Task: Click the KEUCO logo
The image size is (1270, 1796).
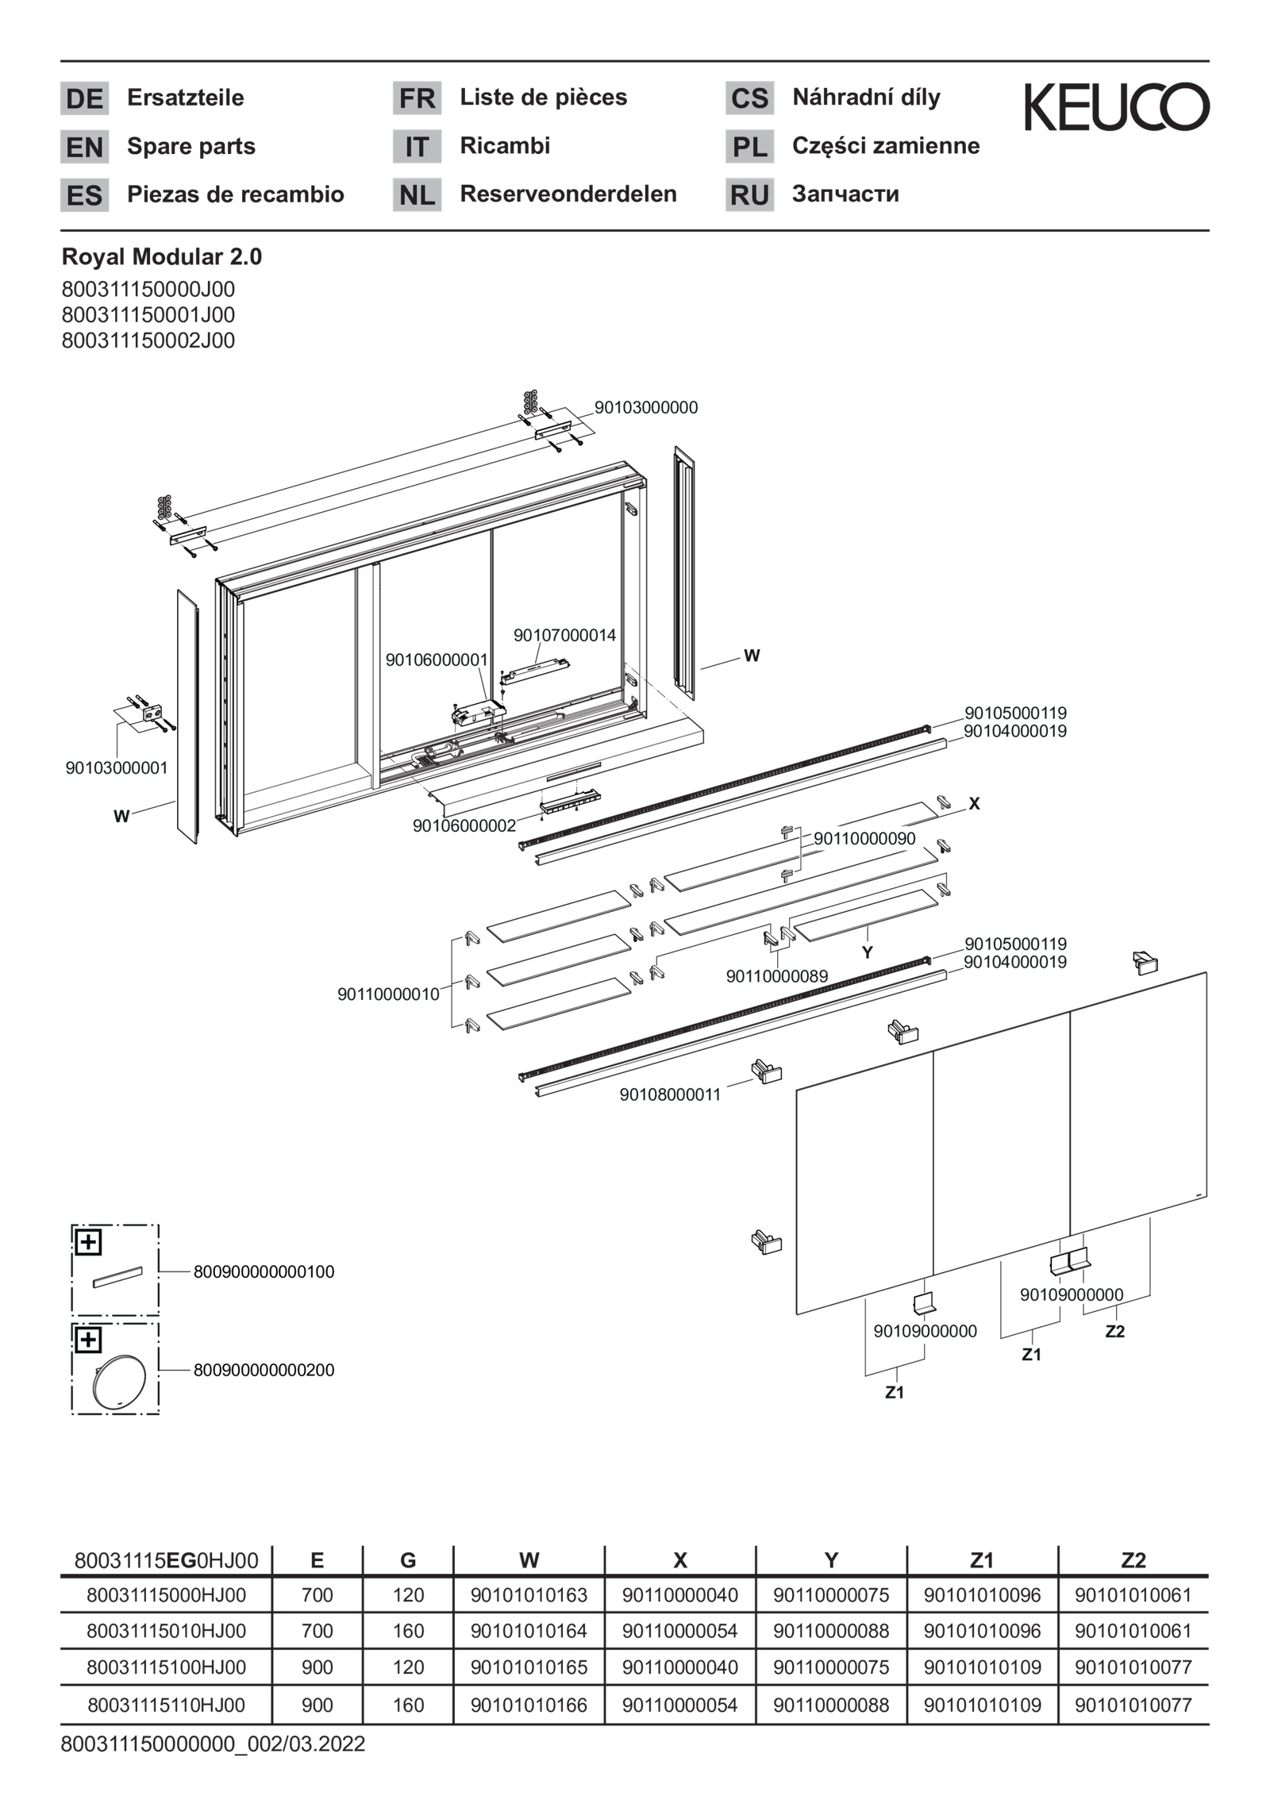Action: pos(1116,106)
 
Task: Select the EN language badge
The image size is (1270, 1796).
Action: pos(84,148)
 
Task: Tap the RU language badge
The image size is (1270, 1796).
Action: pos(749,195)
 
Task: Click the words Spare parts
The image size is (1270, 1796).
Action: pos(191,147)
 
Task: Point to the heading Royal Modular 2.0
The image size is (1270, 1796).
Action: pos(162,257)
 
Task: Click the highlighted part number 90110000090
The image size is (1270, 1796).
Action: pos(865,839)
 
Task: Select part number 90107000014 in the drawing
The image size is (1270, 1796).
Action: pos(564,636)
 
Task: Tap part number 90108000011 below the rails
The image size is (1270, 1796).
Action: pos(670,1094)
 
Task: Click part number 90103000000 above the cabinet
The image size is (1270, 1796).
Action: pos(646,408)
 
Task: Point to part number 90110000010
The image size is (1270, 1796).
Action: pos(388,994)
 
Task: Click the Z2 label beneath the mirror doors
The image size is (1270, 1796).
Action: pos(1114,1332)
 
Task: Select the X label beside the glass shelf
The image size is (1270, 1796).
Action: pos(974,804)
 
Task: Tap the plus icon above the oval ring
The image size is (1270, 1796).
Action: pos(88,1340)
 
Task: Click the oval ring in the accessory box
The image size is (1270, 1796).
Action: pos(115,1383)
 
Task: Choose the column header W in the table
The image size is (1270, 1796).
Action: pos(529,1561)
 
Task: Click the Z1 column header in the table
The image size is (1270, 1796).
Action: pos(982,1561)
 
